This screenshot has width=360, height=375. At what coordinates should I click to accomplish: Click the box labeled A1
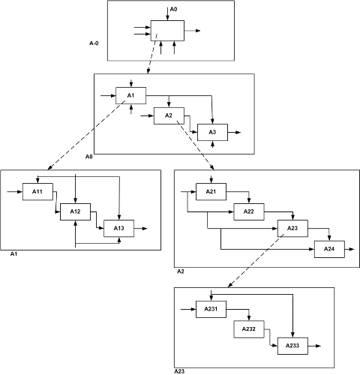point(130,95)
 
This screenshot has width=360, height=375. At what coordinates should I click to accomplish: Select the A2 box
point(169,115)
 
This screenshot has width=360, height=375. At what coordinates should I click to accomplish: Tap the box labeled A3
point(212,132)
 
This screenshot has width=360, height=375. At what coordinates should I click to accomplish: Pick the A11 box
point(37,192)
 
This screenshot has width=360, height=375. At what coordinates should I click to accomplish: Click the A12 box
point(75,211)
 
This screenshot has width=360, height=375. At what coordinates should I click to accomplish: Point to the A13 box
point(119,228)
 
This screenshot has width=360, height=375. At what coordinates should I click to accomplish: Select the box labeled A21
point(211,192)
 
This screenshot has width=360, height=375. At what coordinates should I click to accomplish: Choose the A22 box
point(249,211)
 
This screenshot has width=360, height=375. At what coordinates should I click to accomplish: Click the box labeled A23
point(292,228)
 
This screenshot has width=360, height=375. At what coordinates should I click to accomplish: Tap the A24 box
point(329,249)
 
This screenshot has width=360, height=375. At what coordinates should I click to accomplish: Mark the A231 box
point(211,309)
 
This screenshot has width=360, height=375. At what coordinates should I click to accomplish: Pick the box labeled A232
point(249,329)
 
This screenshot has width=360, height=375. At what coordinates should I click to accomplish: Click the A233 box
point(292,346)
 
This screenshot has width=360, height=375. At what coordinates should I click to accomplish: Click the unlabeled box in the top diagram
point(167,31)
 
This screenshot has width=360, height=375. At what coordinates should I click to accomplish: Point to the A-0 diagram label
point(94,43)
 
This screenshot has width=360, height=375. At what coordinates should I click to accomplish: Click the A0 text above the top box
point(173,9)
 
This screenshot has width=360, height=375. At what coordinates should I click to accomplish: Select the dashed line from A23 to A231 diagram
point(256,261)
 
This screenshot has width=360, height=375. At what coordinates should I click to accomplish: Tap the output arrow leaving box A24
point(349,249)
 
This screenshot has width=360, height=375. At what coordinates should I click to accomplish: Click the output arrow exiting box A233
point(314,346)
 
